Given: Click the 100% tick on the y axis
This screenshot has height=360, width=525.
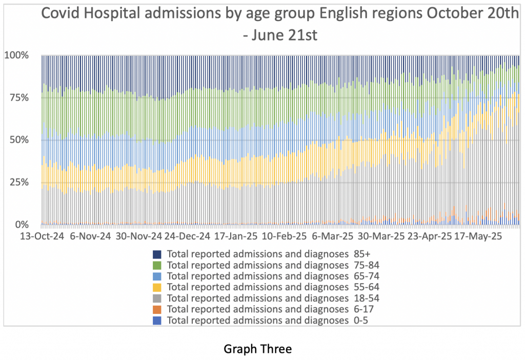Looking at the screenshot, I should click(17, 55).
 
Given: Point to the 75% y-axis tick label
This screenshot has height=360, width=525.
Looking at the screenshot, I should click(19, 97).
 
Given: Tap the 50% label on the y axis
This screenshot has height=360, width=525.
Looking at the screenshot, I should click(19, 139).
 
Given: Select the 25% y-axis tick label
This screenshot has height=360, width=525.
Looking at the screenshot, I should click(19, 182).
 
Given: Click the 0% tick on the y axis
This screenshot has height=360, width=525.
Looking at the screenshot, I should click(22, 225).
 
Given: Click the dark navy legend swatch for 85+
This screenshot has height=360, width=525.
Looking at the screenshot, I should click(157, 254).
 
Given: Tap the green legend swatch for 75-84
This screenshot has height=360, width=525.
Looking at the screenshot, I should click(157, 265).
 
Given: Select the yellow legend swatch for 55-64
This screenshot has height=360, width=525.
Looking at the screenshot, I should click(157, 287).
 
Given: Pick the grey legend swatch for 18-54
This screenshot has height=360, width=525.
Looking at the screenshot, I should click(157, 298).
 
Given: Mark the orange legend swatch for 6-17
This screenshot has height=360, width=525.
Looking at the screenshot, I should click(157, 309).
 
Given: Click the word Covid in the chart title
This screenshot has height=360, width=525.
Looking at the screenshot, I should click(62, 14).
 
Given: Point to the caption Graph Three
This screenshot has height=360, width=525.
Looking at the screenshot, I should click(258, 349).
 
